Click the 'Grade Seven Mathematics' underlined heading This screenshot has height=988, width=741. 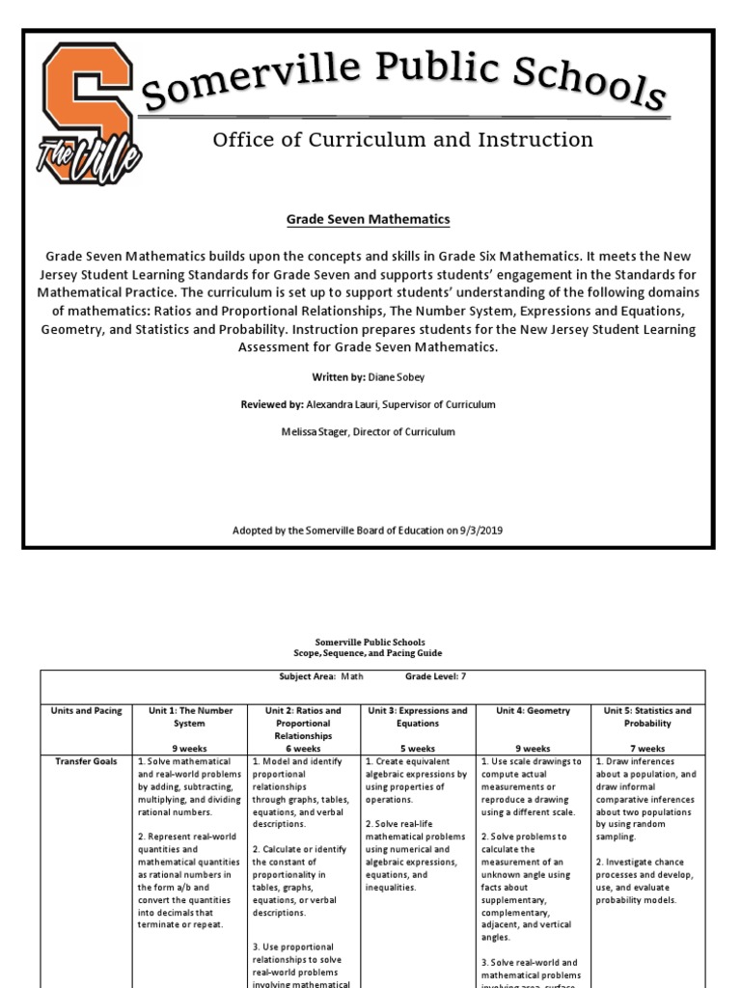(x=368, y=220)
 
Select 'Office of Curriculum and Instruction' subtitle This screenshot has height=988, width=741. (x=402, y=140)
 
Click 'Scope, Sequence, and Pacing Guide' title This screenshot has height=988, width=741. (x=370, y=653)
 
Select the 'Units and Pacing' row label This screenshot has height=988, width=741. (x=87, y=711)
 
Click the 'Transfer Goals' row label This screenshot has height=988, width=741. (x=87, y=761)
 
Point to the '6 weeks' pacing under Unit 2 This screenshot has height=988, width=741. (x=303, y=748)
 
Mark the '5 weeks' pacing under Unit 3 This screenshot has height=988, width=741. (x=418, y=748)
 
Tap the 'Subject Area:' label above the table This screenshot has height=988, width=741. (x=307, y=677)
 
